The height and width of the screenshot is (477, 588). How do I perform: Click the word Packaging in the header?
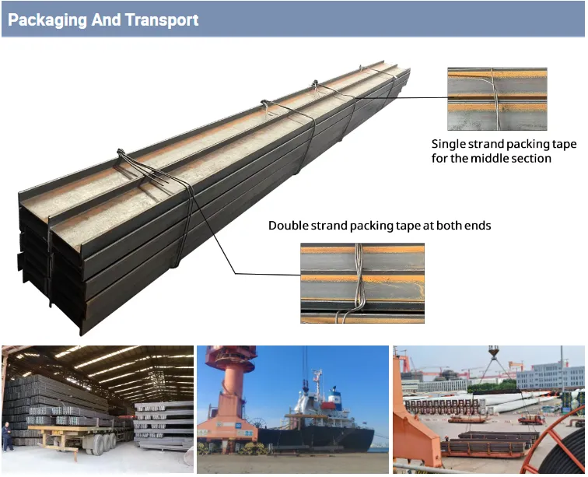[x=47, y=20]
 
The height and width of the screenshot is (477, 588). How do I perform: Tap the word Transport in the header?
[x=162, y=20]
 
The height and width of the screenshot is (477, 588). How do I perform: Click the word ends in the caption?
[x=478, y=226]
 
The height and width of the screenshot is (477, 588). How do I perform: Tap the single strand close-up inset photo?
[x=497, y=99]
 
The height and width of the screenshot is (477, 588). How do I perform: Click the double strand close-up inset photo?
[x=362, y=283]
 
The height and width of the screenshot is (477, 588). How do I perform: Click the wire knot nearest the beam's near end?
[x=121, y=153]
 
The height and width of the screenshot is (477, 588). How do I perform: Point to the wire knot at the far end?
[x=362, y=68]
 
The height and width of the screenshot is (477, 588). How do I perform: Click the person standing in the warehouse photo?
[x=7, y=436]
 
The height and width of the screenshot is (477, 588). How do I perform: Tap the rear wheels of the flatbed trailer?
[x=105, y=444]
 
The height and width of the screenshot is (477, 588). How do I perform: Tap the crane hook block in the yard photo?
[x=493, y=352]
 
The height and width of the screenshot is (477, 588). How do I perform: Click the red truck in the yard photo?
[x=531, y=419]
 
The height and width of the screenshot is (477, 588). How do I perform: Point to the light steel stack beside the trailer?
[x=164, y=425]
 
